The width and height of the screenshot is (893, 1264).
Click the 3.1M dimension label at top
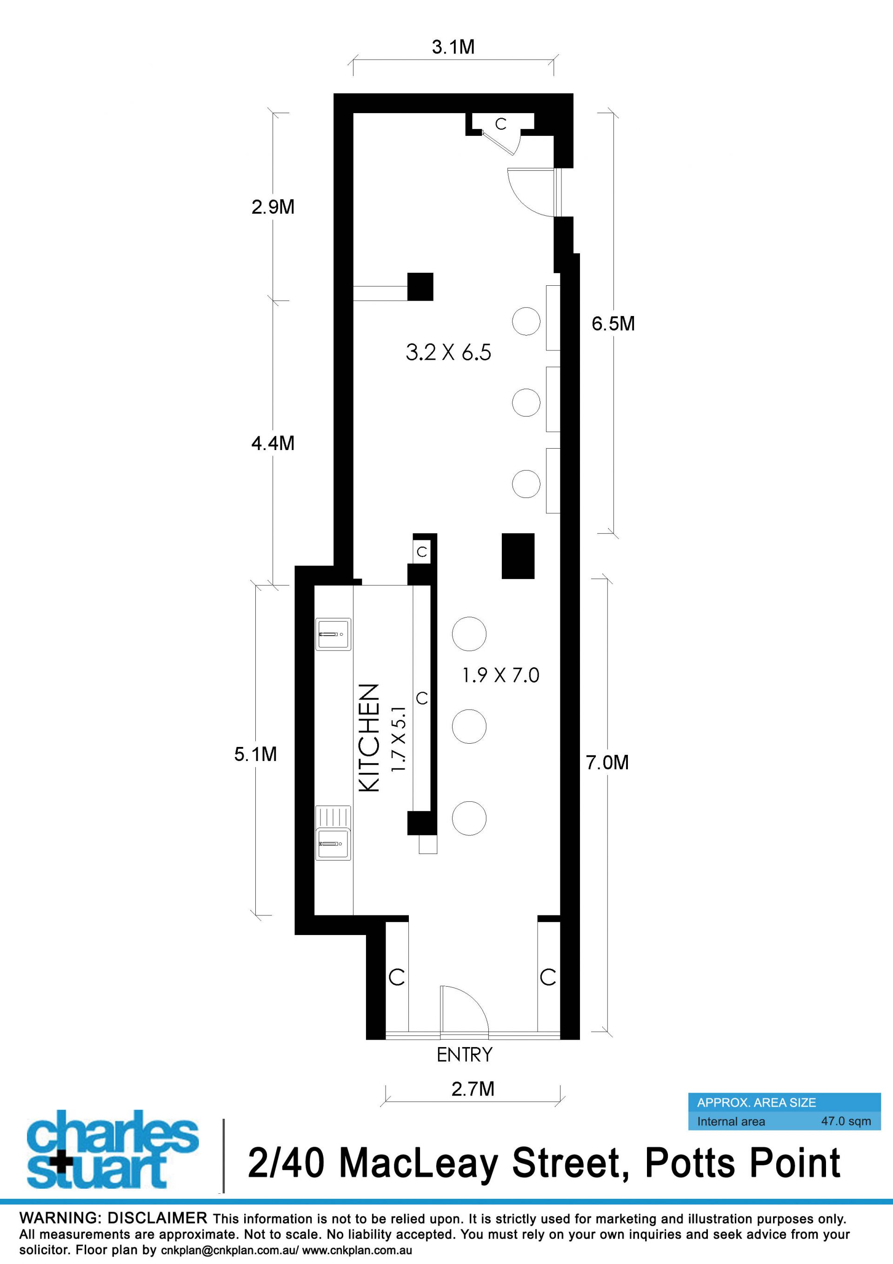point(453,47)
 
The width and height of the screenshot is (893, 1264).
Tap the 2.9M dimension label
point(273,207)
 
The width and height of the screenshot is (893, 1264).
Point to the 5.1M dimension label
point(255,754)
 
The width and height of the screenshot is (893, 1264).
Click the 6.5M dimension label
point(613,324)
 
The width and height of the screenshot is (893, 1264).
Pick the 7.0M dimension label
point(607,762)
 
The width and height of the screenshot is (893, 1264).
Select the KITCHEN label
point(369,738)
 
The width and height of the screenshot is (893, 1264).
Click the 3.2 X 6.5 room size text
point(448,352)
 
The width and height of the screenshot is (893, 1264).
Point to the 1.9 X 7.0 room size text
point(501,675)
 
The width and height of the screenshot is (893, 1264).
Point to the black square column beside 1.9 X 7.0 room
point(518,556)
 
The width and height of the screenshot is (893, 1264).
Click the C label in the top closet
point(500,124)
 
